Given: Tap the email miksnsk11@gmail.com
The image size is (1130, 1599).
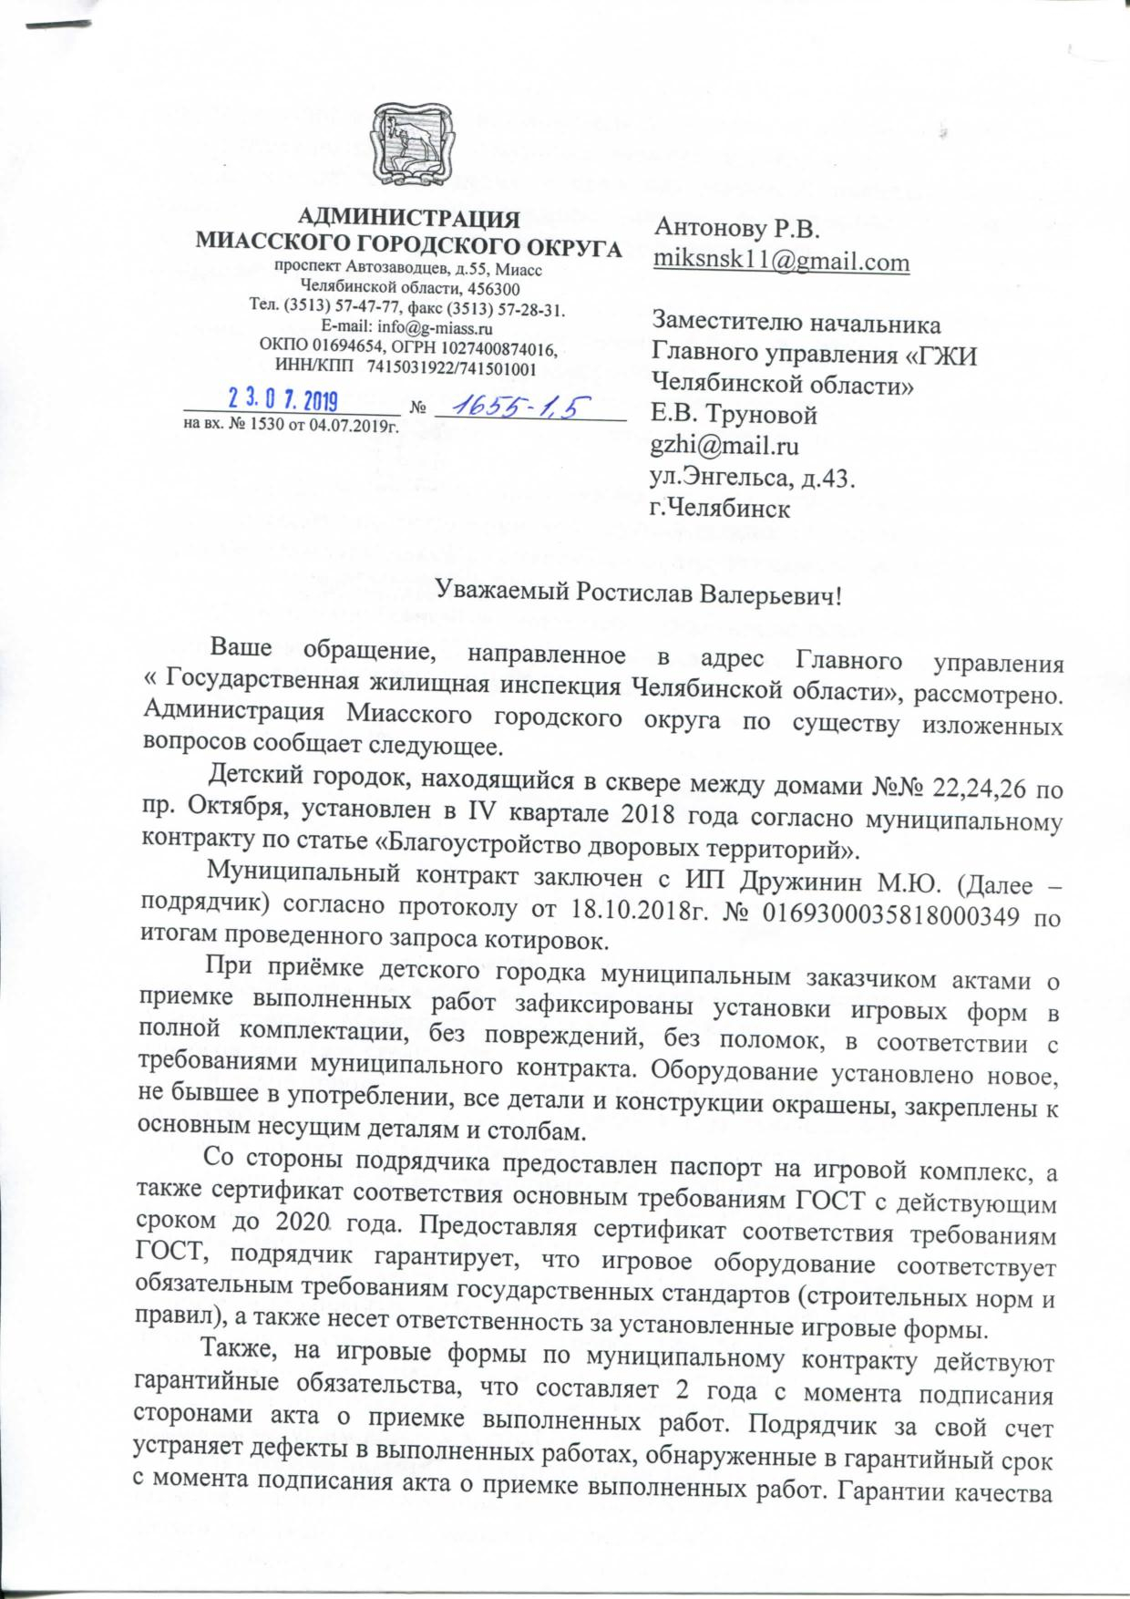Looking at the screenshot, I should [782, 262].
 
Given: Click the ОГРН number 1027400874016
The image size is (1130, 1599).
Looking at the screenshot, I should [493, 350].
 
